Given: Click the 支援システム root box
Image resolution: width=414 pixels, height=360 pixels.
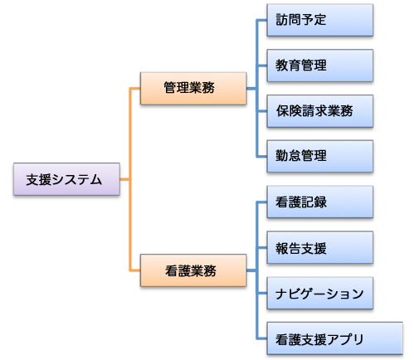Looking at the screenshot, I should [67, 179].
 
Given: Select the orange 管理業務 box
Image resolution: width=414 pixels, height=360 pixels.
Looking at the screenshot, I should [193, 88].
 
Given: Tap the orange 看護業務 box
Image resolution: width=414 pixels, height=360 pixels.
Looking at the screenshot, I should [193, 270].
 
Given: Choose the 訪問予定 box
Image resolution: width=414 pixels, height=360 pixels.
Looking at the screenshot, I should [319, 21].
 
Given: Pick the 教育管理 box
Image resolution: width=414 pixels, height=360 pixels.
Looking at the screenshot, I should [319, 65].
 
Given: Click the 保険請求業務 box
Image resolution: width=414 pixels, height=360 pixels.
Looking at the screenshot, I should [319, 109].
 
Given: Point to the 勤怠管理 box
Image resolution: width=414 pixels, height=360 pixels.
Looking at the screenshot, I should [319, 154].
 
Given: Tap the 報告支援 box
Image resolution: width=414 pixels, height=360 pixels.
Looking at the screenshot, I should [319, 248].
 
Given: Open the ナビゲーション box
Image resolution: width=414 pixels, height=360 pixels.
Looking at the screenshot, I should [319, 293].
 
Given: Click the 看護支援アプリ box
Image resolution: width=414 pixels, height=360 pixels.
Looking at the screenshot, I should [319, 338].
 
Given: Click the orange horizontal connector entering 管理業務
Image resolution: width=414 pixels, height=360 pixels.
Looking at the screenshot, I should [135, 88].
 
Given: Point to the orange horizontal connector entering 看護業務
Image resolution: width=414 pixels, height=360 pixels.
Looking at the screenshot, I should [135, 270].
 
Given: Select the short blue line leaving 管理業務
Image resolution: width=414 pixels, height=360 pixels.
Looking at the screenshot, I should [251, 88].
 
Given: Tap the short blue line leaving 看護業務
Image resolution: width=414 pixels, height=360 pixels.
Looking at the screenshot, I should [251, 270].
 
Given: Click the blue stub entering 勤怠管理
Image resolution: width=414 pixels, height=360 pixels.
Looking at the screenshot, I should [261, 154].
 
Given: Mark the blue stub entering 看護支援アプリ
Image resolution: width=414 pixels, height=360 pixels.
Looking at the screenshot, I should [261, 338].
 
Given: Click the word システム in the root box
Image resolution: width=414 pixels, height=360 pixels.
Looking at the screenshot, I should [80, 179].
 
